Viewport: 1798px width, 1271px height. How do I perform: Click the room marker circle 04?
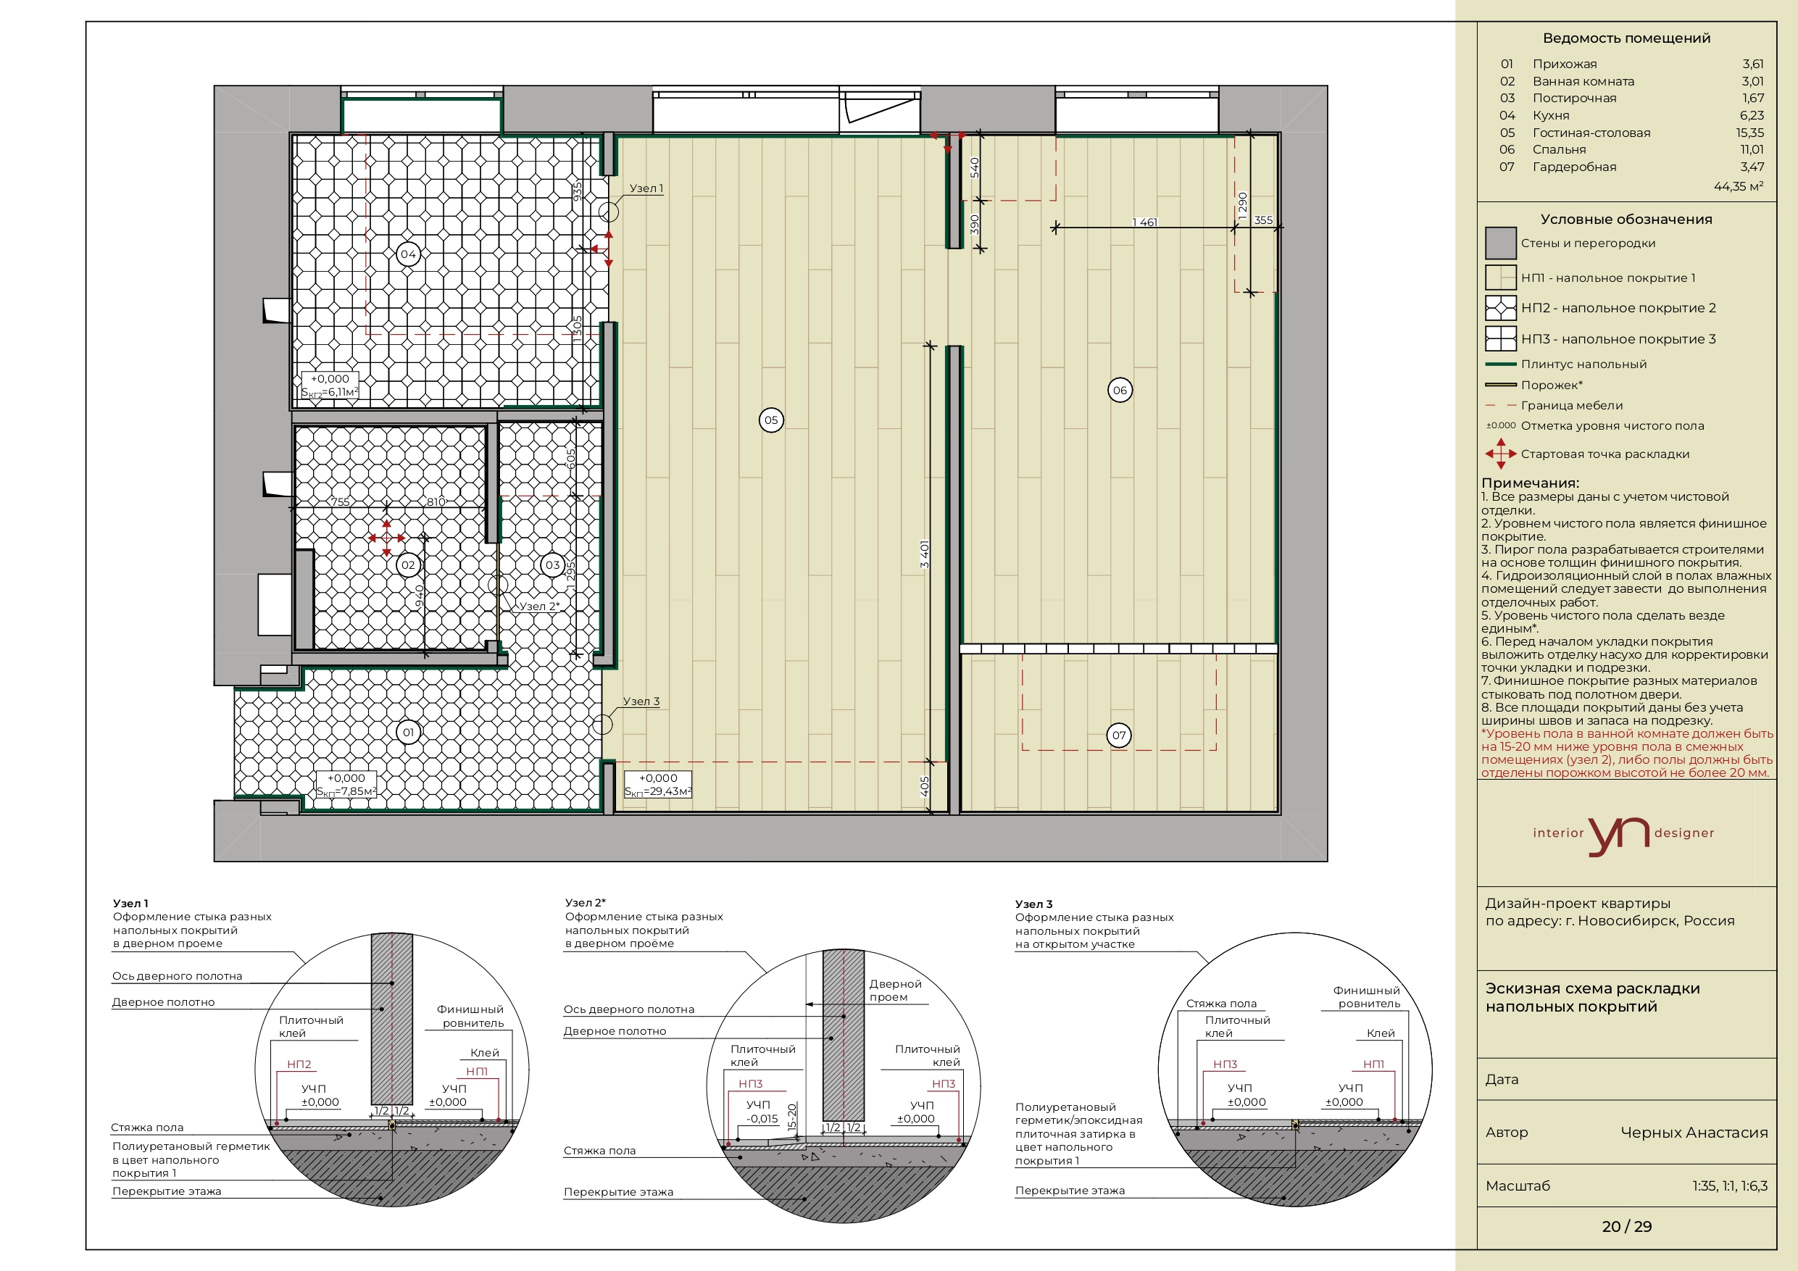(408, 254)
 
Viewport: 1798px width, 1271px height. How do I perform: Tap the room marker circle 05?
(771, 420)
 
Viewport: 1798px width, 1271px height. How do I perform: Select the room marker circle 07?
(1119, 735)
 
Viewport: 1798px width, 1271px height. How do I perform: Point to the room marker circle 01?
(408, 732)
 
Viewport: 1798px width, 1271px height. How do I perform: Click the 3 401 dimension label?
(925, 554)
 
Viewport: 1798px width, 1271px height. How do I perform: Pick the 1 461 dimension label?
(1145, 222)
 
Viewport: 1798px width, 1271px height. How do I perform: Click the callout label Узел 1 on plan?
(646, 188)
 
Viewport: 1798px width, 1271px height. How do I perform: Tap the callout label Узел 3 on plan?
(641, 701)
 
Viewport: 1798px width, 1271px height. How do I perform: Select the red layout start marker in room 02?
(387, 538)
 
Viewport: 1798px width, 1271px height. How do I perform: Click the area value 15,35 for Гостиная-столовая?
(1749, 133)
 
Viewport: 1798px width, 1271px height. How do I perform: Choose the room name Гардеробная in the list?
(1574, 167)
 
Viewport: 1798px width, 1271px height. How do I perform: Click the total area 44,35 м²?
(1739, 186)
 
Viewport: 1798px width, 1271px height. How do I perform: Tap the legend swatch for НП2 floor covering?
(1500, 308)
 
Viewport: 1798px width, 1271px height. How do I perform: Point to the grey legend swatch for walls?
(1500, 243)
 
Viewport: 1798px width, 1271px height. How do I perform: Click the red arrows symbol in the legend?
(1500, 454)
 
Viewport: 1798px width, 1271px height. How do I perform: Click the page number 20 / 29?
(1626, 1226)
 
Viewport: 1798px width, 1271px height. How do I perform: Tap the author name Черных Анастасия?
(1694, 1133)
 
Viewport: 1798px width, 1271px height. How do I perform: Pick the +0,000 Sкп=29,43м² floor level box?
(658, 785)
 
